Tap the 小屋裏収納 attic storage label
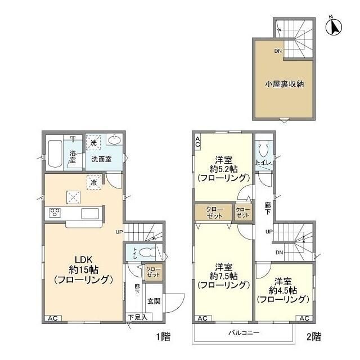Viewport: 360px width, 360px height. coord(285,85)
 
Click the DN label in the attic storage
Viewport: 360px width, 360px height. coord(278,52)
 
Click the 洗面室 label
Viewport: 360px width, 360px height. coord(101,159)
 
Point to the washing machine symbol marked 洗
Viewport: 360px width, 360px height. coord(93,143)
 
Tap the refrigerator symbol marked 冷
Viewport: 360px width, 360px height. coord(93,182)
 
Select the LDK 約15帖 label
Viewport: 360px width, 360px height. coord(84,269)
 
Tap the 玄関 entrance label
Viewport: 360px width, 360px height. coord(154,301)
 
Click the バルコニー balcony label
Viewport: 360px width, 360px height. coord(244,332)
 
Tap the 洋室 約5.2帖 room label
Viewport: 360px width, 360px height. coord(223,168)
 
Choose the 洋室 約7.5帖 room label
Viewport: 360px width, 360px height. coord(223,275)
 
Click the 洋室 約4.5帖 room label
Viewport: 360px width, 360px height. coord(282,290)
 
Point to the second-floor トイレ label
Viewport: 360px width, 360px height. coord(263,163)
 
